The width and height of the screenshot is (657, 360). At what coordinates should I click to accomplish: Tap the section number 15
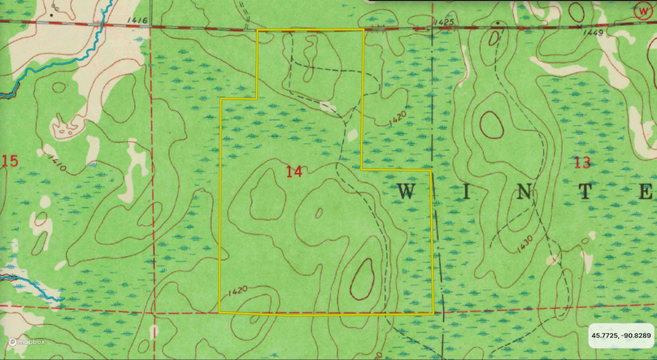click(x=10, y=161)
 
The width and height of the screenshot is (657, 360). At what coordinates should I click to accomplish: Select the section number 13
click(x=581, y=163)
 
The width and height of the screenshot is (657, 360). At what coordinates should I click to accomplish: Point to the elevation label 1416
click(x=137, y=20)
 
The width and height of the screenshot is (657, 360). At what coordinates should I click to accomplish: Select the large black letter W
click(x=407, y=192)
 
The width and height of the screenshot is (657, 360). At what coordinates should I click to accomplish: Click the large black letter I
click(x=471, y=192)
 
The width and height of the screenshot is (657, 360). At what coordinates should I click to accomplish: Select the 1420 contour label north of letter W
click(x=397, y=118)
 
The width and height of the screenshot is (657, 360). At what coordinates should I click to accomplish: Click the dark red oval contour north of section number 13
click(x=490, y=124)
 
